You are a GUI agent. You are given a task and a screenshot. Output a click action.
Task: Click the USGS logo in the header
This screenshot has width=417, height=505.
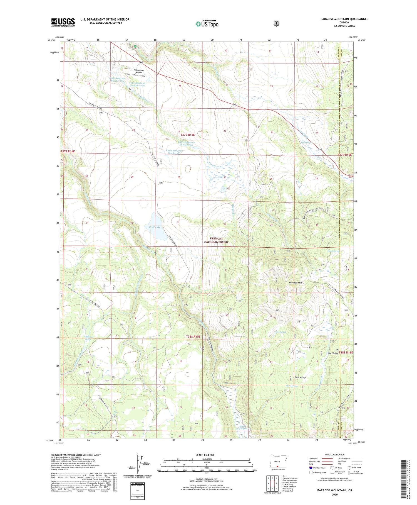63,22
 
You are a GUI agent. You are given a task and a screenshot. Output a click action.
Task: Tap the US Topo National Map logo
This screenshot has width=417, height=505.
207,23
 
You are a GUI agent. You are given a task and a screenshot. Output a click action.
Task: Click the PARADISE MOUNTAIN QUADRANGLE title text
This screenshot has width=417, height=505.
344,19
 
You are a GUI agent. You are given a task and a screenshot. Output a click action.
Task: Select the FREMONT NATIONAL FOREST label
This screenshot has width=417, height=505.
216,240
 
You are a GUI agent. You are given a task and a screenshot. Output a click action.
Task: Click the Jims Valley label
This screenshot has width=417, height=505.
300,377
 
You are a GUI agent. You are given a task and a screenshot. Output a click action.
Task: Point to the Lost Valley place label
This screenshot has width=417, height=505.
332,353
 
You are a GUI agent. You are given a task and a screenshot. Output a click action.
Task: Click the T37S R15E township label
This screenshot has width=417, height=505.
187,135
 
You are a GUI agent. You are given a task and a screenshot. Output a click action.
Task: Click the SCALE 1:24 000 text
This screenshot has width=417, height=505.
205,455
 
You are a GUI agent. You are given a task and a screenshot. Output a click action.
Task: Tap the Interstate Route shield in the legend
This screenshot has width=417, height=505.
311,468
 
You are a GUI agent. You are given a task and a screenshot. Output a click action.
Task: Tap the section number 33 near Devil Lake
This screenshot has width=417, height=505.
178,222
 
